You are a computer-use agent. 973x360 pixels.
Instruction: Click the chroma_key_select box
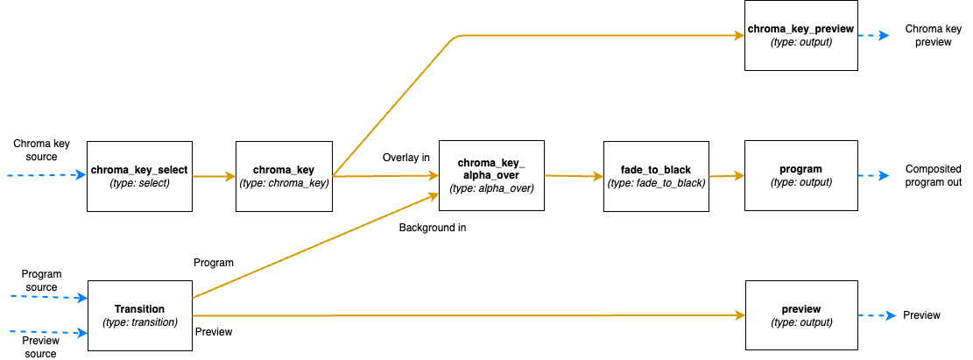[139, 176]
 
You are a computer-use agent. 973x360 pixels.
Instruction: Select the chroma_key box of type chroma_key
[285, 176]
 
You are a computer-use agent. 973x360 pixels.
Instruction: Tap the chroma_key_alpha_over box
[490, 175]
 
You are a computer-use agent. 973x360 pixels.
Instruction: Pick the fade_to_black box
[657, 176]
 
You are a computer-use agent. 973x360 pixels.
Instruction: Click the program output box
[800, 175]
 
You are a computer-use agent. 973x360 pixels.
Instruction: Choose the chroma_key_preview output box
[800, 35]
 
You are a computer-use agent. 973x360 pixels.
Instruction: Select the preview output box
[800, 315]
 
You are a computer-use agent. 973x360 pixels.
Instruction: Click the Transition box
[140, 315]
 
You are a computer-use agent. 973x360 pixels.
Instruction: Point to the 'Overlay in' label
[405, 158]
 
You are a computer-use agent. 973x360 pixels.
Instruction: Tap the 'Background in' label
[433, 228]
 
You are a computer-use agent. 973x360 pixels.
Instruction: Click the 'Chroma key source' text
[35, 150]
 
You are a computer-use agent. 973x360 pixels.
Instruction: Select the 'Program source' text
[40, 280]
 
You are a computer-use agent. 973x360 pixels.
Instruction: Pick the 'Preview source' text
[40, 347]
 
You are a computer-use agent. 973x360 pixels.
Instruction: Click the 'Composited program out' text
[933, 176]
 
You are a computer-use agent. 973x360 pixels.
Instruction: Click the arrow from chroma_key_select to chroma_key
[214, 177]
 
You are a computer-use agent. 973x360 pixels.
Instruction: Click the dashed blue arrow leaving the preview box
[876, 315]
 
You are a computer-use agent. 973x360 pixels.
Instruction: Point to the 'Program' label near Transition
[214, 262]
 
